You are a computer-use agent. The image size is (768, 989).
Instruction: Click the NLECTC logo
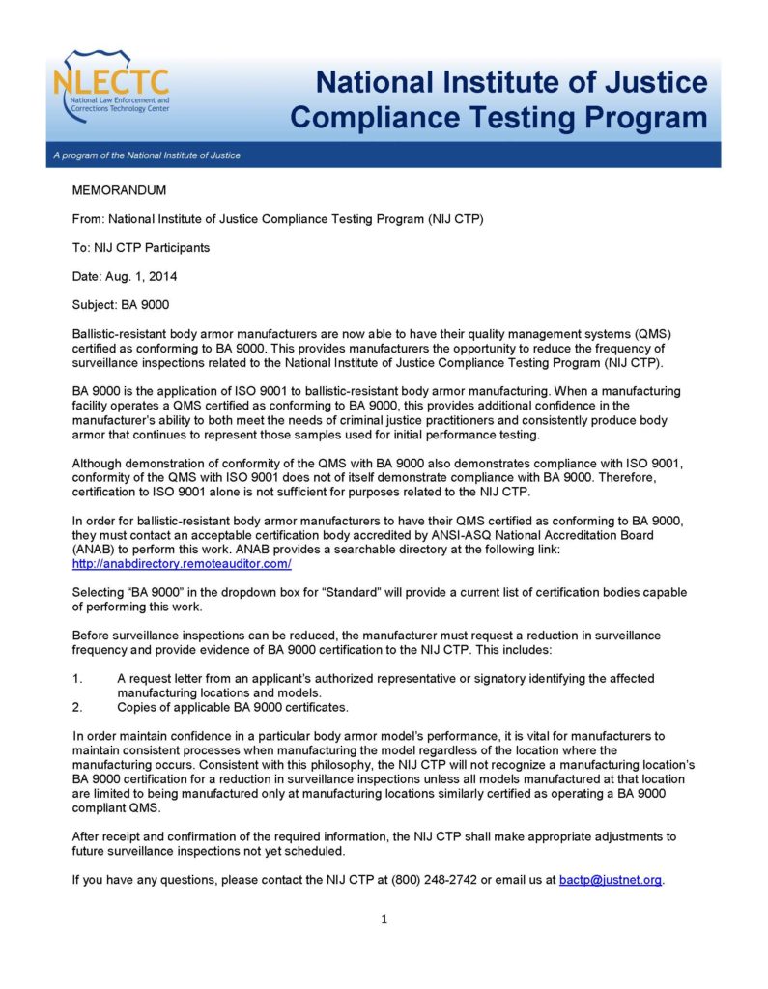[x=112, y=88]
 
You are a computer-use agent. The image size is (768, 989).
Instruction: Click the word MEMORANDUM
[x=120, y=191]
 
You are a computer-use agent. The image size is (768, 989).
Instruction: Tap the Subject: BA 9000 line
[x=121, y=305]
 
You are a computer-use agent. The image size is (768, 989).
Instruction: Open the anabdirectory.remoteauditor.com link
[x=182, y=563]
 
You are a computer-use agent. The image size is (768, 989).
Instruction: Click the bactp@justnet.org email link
[x=611, y=880]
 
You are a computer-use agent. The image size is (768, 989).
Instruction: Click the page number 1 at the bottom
[x=384, y=918]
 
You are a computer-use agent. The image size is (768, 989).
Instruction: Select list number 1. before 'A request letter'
[x=78, y=679]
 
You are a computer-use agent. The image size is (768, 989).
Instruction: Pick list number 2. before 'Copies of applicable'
[x=78, y=707]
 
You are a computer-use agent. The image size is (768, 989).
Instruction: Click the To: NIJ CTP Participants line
[x=141, y=248]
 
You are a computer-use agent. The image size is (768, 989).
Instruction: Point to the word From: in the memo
[x=89, y=219]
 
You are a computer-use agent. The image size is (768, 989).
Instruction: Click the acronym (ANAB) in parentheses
[x=93, y=550]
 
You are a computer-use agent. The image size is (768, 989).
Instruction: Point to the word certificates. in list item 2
[x=315, y=707]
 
